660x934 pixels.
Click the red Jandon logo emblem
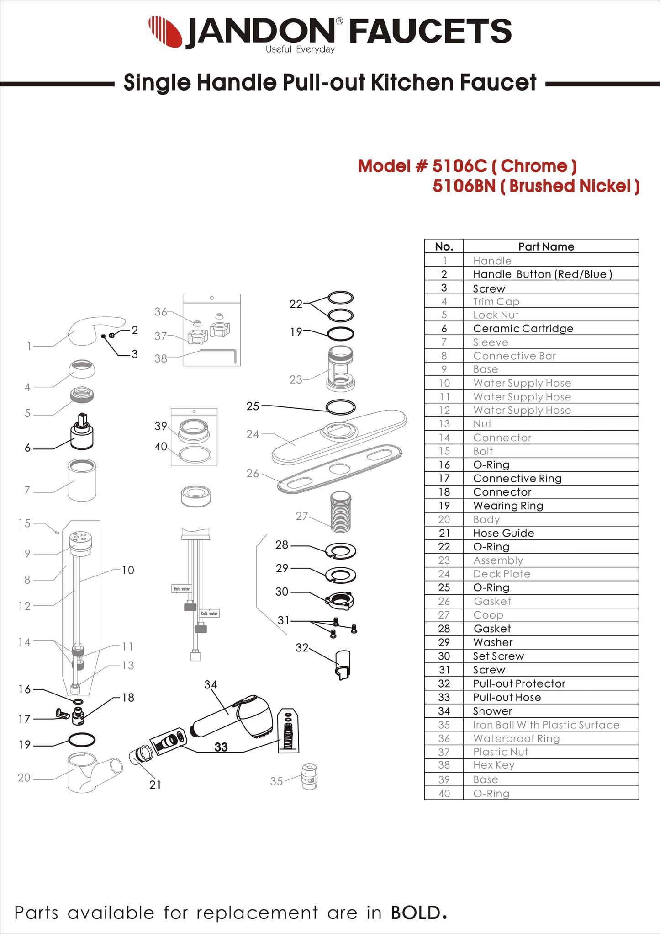tap(165, 31)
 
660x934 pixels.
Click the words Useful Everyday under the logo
tap(300, 49)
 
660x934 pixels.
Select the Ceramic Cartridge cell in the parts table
tap(523, 328)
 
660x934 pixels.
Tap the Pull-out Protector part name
tap(519, 683)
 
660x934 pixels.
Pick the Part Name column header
tap(546, 246)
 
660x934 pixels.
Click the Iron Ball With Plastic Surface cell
tap(546, 725)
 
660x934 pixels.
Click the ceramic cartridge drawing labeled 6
tap(82, 434)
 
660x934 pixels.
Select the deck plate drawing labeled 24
tap(338, 437)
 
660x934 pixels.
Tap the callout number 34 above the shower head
tap(211, 684)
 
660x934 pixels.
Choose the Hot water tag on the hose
tap(181, 589)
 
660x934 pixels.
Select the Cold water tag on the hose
tap(209, 614)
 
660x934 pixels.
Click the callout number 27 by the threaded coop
tap(301, 516)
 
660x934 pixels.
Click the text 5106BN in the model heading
tap(464, 186)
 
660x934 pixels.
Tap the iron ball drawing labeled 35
tap(309, 776)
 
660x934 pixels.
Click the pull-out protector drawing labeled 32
tap(343, 665)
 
